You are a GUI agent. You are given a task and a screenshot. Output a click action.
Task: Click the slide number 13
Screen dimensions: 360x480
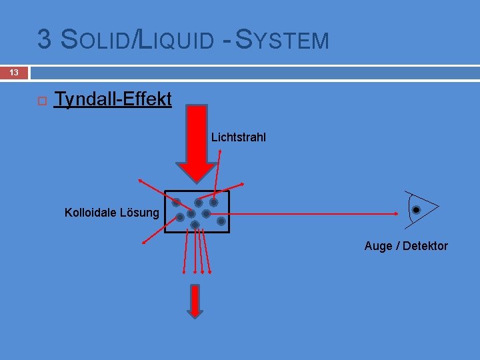[x=14, y=72]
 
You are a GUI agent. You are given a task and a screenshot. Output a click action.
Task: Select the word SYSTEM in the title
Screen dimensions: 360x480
[x=283, y=41]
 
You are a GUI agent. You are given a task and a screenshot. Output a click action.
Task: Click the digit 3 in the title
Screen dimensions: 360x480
[x=45, y=40]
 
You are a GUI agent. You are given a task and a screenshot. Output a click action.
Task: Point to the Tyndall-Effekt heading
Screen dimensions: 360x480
[x=113, y=99]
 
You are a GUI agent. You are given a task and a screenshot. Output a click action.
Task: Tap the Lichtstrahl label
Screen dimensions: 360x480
[x=239, y=137]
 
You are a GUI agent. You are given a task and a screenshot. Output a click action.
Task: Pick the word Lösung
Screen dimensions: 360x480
[x=140, y=213]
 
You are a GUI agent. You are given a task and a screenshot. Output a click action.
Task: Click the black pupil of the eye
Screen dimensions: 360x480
[x=416, y=210]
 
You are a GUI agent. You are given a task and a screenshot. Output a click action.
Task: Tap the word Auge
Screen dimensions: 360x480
[x=378, y=246]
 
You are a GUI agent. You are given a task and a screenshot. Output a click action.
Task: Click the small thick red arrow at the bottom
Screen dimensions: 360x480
[x=195, y=300]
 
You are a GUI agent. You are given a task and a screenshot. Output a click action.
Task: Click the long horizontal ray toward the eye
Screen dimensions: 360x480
[x=313, y=214]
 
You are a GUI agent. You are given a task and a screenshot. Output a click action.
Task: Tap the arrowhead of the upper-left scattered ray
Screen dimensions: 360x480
[x=141, y=181]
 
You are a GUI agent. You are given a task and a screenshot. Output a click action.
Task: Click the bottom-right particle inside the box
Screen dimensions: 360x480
[x=221, y=221]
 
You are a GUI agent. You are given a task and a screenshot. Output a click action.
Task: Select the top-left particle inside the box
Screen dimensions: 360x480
[x=177, y=202]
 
